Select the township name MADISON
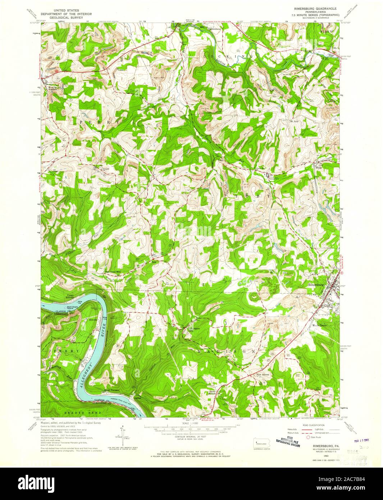(227, 351)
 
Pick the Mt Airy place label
(295, 122)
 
